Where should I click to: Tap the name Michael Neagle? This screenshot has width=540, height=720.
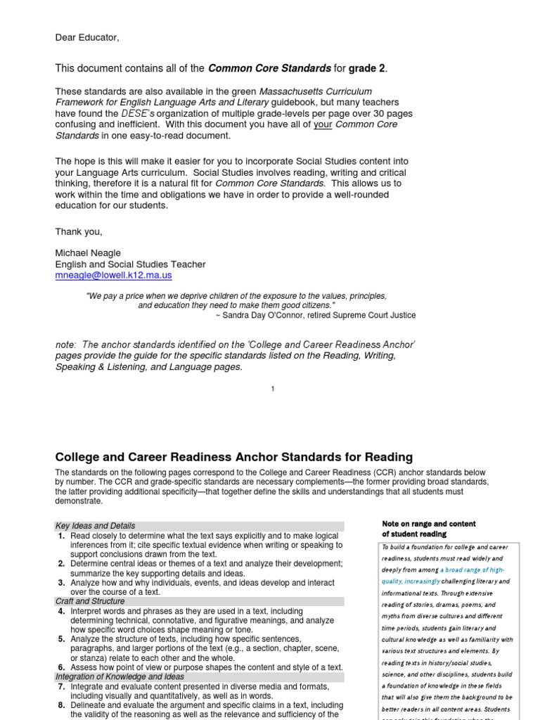(x=88, y=252)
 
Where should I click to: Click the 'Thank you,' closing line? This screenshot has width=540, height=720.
(x=79, y=231)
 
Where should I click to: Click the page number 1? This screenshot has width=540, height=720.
(x=272, y=389)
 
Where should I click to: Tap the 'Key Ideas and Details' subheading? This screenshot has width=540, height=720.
(x=95, y=526)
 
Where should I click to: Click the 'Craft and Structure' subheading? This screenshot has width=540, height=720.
(x=90, y=602)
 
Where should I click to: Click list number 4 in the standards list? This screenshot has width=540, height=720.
(x=61, y=612)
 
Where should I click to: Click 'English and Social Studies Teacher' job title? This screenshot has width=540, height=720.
(x=130, y=264)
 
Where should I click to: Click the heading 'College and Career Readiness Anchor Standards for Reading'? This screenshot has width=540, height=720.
(x=233, y=457)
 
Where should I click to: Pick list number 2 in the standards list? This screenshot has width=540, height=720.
(x=61, y=563)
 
